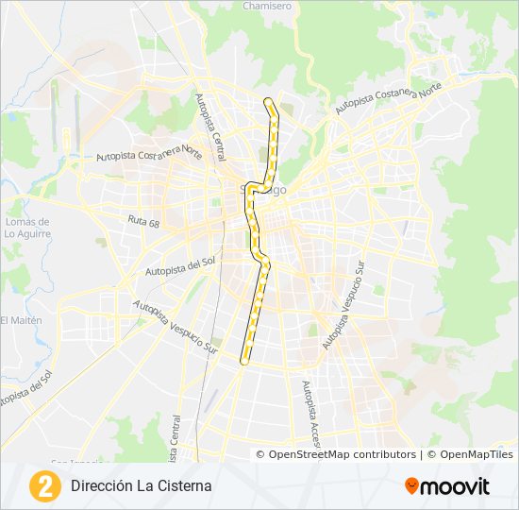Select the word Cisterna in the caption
184,486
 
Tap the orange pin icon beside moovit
412,486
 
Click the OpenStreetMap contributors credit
343,454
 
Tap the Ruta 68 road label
143,220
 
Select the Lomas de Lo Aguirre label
27,228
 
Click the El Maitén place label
21,320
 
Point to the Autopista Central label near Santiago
211,126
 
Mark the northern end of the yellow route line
268,100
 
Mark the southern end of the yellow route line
245,360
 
